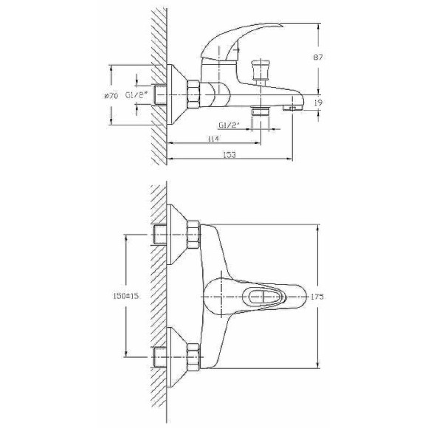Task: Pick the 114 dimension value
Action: click(x=214, y=139)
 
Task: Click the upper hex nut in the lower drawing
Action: click(x=193, y=234)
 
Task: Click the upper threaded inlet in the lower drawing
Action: click(x=161, y=234)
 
